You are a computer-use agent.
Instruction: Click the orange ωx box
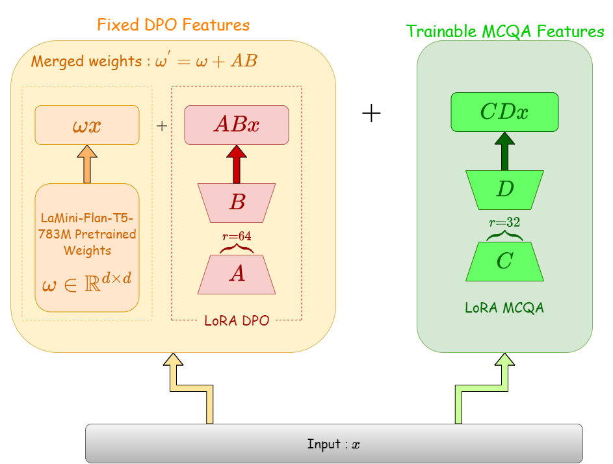[x=86, y=125]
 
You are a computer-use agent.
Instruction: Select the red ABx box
[x=237, y=125]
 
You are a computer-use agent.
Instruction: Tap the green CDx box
[x=504, y=112]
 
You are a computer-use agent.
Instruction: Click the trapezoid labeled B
[x=237, y=202]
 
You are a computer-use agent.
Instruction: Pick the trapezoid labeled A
[x=237, y=274]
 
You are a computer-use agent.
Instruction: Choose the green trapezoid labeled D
[x=504, y=189]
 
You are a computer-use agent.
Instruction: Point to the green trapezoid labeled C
[x=504, y=261]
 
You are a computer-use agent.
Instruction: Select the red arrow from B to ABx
[x=237, y=164]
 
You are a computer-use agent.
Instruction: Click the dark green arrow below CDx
[x=504, y=151]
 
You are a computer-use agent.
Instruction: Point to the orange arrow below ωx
[x=87, y=164]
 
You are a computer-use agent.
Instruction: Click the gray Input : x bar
[x=333, y=444]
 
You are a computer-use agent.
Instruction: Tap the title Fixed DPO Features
[x=173, y=25]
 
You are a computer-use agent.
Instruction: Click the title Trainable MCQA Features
[x=505, y=31]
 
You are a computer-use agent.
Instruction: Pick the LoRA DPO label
[x=237, y=320]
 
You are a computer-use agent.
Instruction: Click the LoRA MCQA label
[x=504, y=308]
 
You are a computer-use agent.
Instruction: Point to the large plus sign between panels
[x=371, y=114]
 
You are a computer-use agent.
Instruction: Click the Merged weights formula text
[x=144, y=61]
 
